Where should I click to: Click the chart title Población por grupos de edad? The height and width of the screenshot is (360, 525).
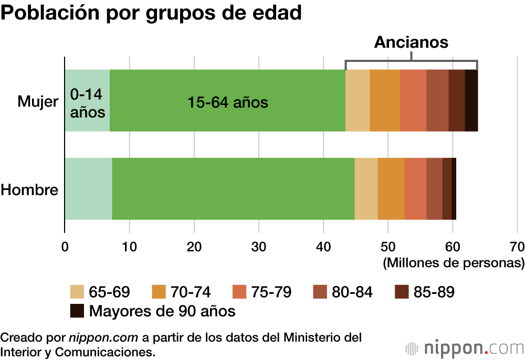(151, 14)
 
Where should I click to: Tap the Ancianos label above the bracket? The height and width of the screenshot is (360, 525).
(411, 43)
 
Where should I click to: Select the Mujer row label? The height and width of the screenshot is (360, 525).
(38, 101)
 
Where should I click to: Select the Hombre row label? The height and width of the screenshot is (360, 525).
(29, 189)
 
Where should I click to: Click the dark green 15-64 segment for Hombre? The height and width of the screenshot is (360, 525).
(233, 188)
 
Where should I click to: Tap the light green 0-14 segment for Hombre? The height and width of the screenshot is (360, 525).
(88, 188)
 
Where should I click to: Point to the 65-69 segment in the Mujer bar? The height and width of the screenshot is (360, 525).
(358, 100)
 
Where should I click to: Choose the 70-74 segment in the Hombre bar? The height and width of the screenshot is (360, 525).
(391, 188)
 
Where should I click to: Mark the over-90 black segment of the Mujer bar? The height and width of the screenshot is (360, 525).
(471, 100)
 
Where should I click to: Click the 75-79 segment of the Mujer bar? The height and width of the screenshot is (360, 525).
(413, 100)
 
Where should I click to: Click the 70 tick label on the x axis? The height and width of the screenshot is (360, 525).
(517, 246)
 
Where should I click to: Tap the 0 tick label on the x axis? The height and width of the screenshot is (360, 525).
(65, 246)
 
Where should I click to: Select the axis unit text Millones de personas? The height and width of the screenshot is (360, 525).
(454, 262)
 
